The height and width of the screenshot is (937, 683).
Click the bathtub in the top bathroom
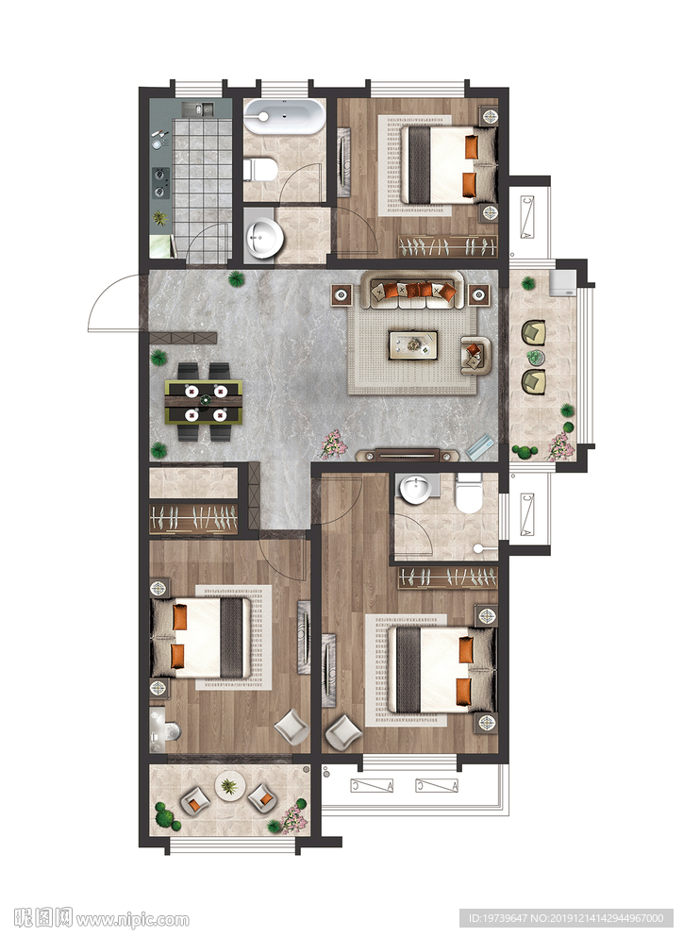(285, 116)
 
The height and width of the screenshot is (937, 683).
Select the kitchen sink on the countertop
(198, 109)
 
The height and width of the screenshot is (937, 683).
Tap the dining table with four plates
(205, 402)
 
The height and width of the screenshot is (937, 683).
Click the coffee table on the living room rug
(413, 345)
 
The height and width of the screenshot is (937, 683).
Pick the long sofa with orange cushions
(413, 290)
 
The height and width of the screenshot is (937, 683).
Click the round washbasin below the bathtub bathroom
(262, 238)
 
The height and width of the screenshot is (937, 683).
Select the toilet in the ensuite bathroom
(468, 493)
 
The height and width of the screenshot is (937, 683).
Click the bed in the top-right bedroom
(448, 164)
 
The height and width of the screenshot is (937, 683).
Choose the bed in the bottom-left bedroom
(200, 638)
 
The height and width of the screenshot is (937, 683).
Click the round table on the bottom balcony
(229, 786)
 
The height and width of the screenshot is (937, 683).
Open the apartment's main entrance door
(116, 303)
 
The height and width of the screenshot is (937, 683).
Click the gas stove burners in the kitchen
(159, 182)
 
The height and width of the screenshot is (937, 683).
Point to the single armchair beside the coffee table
(475, 355)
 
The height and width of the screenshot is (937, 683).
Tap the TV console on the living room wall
(408, 456)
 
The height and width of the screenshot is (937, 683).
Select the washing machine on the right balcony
(563, 282)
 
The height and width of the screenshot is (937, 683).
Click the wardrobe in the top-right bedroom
(448, 247)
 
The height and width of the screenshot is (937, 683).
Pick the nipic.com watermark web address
(133, 919)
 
